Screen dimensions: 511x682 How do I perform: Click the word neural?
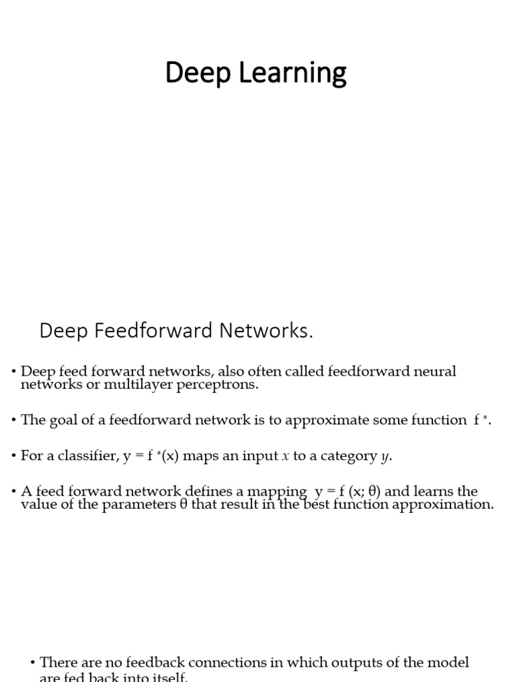point(432,372)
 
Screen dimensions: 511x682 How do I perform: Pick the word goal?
point(62,420)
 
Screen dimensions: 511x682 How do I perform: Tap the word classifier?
point(89,456)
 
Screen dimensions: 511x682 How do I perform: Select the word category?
point(346,456)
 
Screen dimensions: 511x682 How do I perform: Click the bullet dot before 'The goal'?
point(14,420)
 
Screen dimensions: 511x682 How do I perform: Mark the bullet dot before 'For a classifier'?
point(14,456)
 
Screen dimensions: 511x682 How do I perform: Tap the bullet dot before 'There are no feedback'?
point(33,663)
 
